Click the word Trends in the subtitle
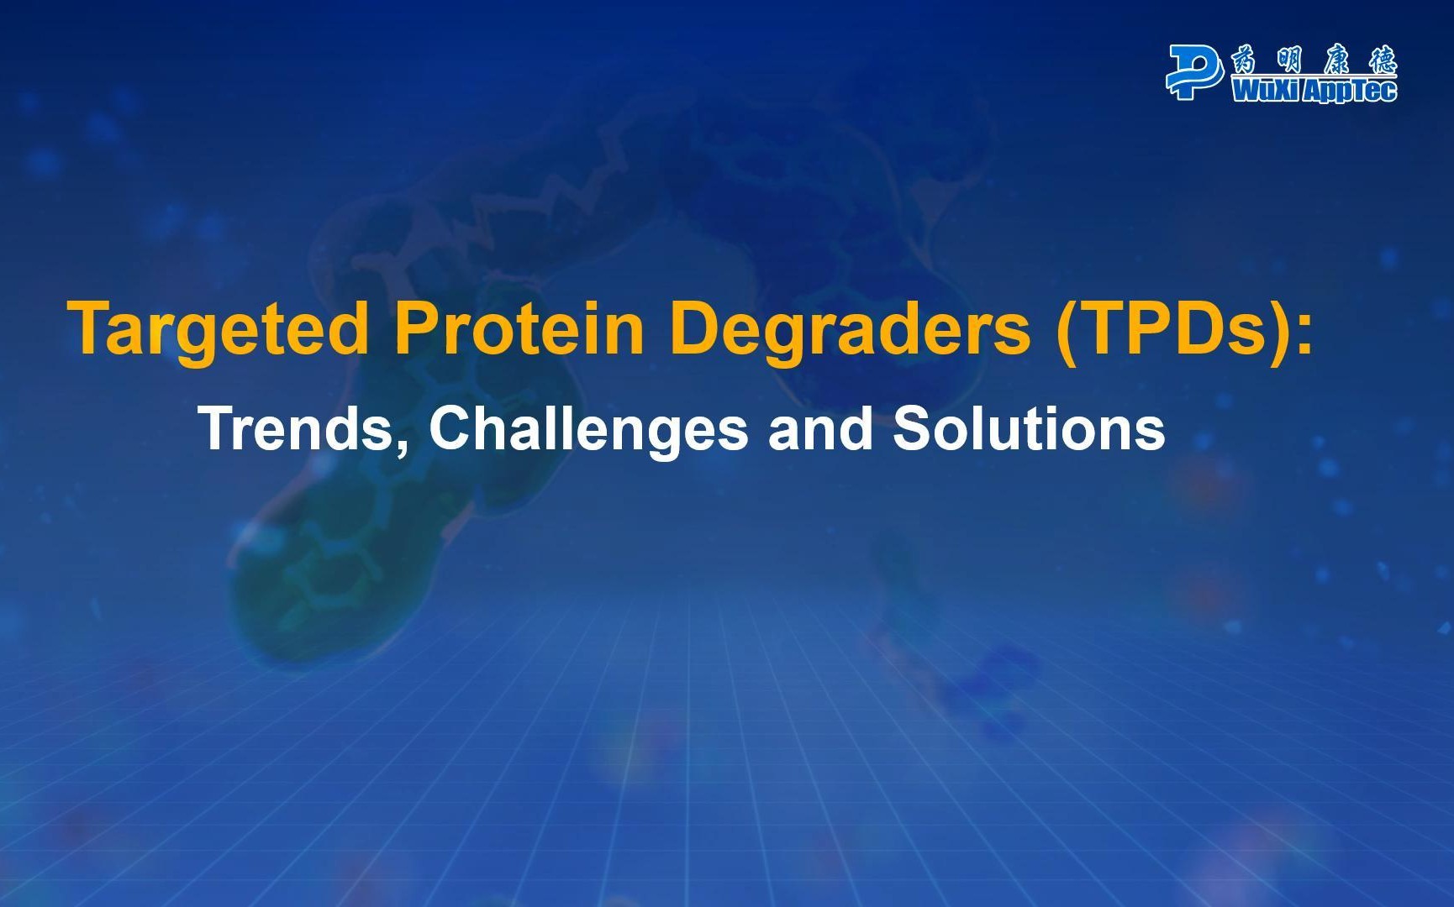(x=297, y=427)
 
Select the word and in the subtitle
(x=820, y=427)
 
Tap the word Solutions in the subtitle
(x=1029, y=427)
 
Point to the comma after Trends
(x=402, y=446)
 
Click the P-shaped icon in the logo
(x=1194, y=72)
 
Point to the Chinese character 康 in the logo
(x=1336, y=60)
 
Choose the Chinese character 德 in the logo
(x=1383, y=60)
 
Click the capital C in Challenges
(x=449, y=427)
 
